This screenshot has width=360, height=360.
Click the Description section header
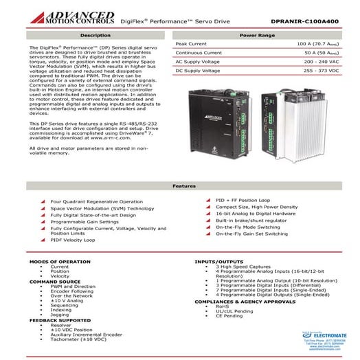click(94, 34)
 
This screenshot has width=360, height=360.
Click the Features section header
click(179, 186)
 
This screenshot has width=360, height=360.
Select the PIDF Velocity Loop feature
click(72, 240)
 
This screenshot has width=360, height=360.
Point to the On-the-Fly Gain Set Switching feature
click(251, 234)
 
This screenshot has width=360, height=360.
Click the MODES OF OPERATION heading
click(56, 262)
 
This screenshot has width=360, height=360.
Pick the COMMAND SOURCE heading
click(55, 282)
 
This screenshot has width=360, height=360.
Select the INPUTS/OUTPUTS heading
click(220, 262)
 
